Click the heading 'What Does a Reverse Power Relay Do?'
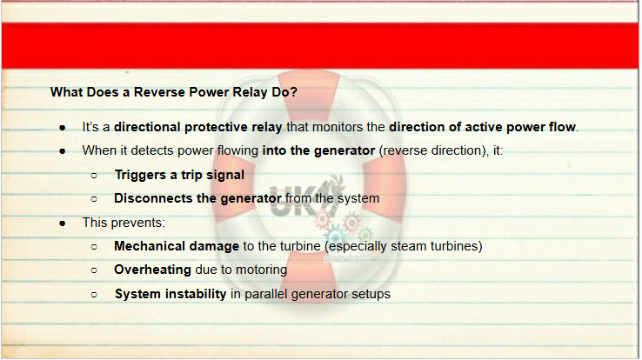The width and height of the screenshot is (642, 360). [x=174, y=92]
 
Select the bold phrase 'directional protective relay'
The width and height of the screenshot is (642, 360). [x=197, y=127]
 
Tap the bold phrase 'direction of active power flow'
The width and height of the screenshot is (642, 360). [x=482, y=127]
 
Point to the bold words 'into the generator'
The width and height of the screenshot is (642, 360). [x=318, y=150]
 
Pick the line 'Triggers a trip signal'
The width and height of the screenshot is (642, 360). [x=179, y=175]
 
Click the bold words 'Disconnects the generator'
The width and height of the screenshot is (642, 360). [x=197, y=198]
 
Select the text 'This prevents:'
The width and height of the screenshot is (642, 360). [x=124, y=223]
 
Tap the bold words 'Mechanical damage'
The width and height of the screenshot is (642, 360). [x=177, y=246]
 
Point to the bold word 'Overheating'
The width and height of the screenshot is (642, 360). [x=152, y=270]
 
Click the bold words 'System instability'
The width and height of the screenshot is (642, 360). [x=171, y=294]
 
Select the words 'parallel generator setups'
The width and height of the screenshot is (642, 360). [x=318, y=294]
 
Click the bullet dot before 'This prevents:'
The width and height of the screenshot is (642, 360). [x=63, y=223]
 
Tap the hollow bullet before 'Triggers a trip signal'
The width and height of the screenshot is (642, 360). [x=94, y=176]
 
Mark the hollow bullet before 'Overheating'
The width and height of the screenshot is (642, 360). [x=94, y=270]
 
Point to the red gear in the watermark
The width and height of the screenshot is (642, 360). [x=351, y=223]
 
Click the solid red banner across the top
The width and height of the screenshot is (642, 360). [x=320, y=45]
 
